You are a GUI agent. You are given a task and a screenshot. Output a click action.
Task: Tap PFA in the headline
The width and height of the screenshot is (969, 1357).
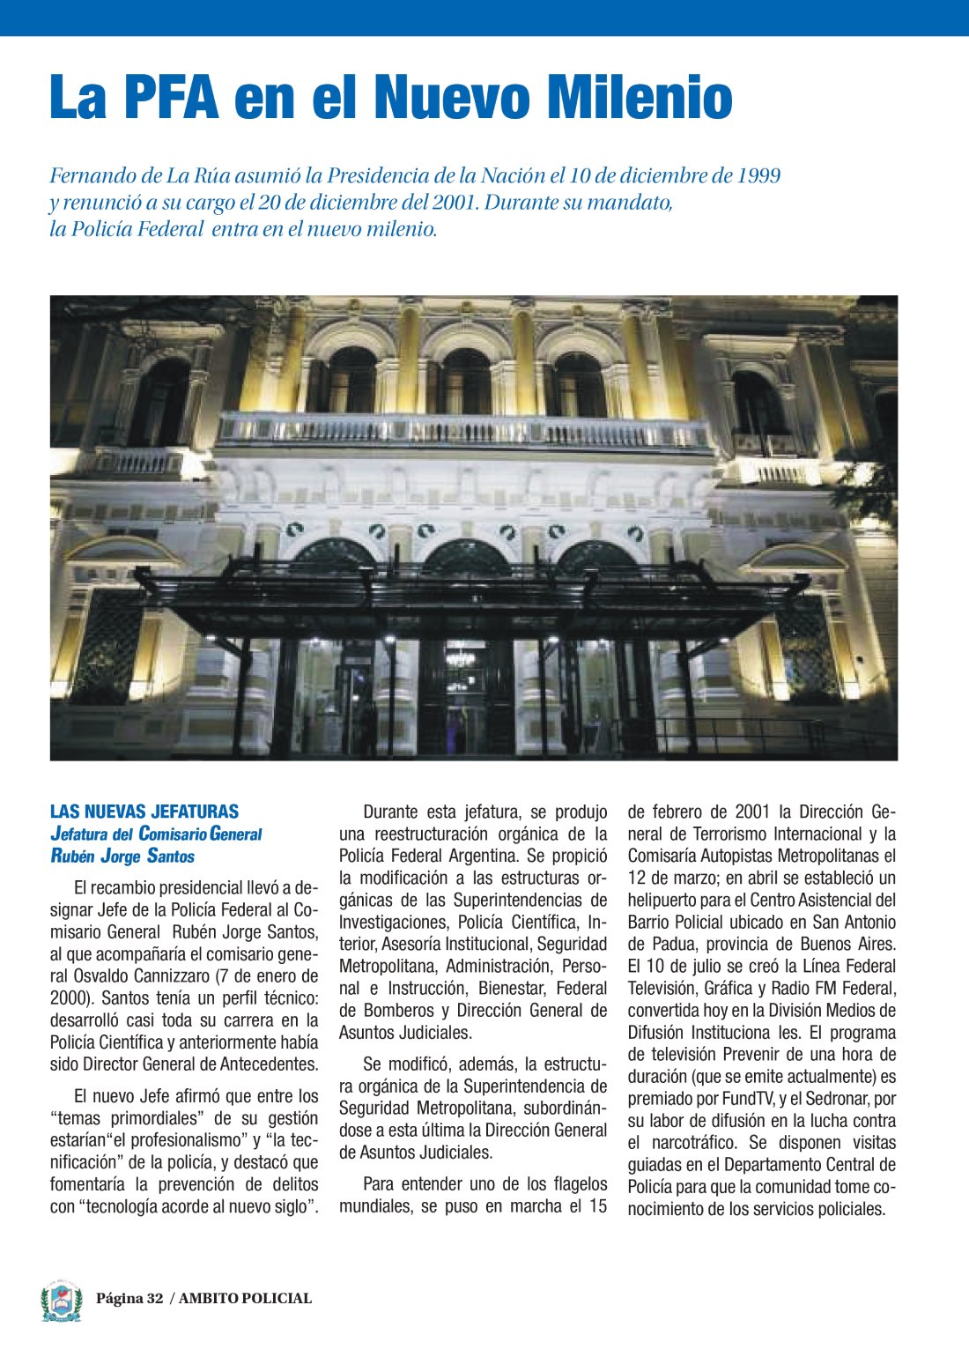[x=172, y=97]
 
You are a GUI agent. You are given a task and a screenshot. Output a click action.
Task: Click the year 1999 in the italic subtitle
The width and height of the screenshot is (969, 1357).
[x=757, y=175]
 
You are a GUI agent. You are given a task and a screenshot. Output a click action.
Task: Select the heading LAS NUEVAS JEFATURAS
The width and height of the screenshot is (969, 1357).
[x=144, y=812]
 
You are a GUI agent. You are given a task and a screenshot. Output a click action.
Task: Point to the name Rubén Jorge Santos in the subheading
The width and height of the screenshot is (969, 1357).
[x=122, y=856]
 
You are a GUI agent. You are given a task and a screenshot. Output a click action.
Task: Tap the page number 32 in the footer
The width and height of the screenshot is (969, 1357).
[x=155, y=1298]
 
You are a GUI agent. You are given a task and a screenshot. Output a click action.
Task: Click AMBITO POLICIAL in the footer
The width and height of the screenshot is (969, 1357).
[x=246, y=1298]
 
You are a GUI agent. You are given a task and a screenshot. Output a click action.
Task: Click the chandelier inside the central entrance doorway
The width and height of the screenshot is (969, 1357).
[x=460, y=657]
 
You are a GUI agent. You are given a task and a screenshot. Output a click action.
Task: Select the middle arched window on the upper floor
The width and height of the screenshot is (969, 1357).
[x=466, y=381]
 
